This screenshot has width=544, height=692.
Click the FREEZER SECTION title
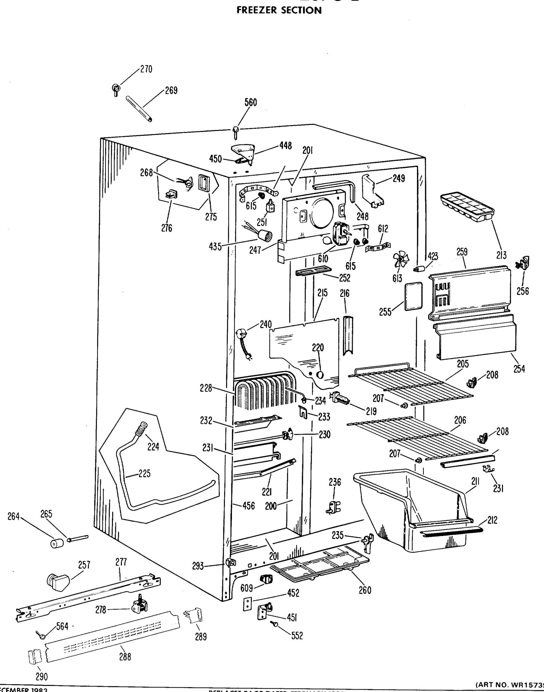click(279, 10)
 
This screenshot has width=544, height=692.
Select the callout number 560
click(251, 102)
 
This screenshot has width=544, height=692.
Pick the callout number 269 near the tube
click(171, 91)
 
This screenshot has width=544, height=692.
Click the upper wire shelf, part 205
click(411, 386)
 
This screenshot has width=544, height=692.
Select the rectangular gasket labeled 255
click(413, 296)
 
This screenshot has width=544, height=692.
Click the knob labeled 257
click(57, 582)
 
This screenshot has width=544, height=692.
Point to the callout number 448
click(285, 146)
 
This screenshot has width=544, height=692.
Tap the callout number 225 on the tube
click(144, 474)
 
